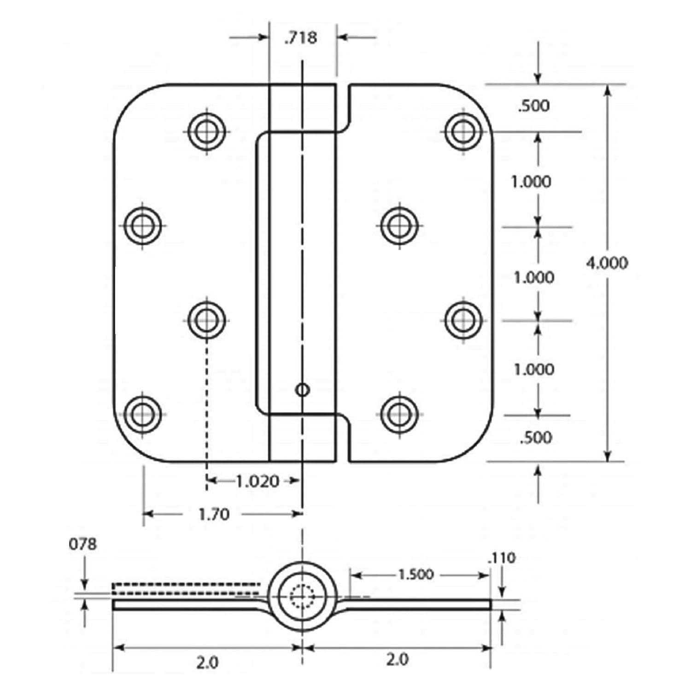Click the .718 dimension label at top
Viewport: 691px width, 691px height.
pos(301,37)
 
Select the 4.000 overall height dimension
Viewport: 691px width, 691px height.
pos(607,263)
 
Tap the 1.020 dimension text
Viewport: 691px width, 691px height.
pos(258,481)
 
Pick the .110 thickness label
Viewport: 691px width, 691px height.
pos(501,558)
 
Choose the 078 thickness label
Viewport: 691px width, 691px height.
pos(83,544)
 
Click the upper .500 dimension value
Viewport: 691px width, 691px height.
pos(534,106)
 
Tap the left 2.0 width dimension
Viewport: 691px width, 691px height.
pos(206,662)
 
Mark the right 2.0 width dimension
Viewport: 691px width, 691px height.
pos(397,660)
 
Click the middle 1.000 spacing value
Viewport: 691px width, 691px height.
pos(534,277)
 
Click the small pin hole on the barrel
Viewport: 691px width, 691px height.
pos(302,390)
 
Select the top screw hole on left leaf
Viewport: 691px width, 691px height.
pos(207,132)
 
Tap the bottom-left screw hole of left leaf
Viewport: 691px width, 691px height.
pos(143,413)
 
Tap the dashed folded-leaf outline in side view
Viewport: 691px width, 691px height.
pos(184,589)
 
